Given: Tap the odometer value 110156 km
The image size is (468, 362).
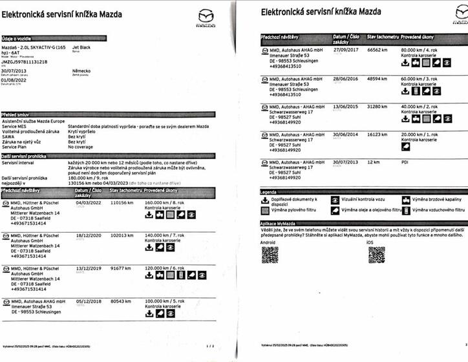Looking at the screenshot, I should pyautogui.click(x=122, y=202).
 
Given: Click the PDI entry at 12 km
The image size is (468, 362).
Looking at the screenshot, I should pyautogui.click(x=405, y=162).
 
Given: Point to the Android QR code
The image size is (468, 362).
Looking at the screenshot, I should pyautogui.click(x=270, y=255).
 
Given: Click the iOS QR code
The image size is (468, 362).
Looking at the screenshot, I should pyautogui.click(x=376, y=255).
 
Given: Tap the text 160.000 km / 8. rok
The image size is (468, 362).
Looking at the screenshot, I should pyautogui.click(x=165, y=202).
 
